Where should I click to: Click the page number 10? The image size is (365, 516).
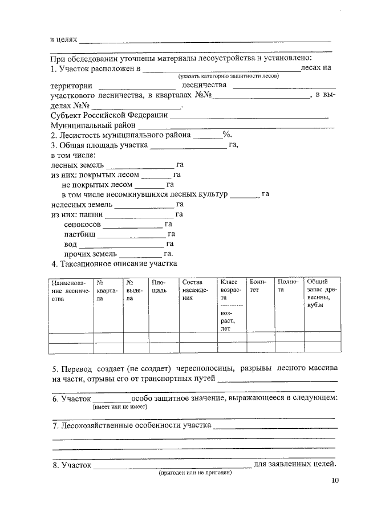(x=335, y=481)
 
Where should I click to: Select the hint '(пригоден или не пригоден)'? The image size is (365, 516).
(x=195, y=473)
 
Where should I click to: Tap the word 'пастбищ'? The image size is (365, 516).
(x=80, y=234)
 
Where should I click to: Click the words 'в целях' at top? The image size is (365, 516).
(x=63, y=41)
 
